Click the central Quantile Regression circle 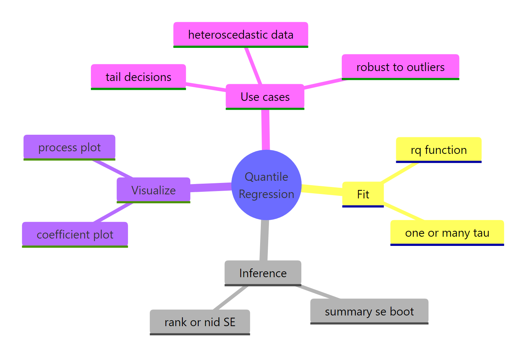pyautogui.click(x=266, y=185)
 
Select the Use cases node pyautogui.click(x=265, y=97)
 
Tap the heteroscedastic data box pyautogui.click(x=241, y=35)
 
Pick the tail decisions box pyautogui.click(x=138, y=77)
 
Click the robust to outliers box pyautogui.click(x=400, y=67)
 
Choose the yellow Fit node pyautogui.click(x=363, y=194)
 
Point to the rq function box pyautogui.click(x=439, y=150)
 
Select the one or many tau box pyautogui.click(x=447, y=233)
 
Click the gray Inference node pyautogui.click(x=263, y=273)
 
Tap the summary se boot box pyautogui.click(x=369, y=311)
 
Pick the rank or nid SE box pyautogui.click(x=200, y=322)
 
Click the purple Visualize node pyautogui.click(x=153, y=190)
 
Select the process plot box pyautogui.click(x=69, y=147)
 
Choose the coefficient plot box pyautogui.click(x=75, y=234)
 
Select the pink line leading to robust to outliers pyautogui.click(x=324, y=84)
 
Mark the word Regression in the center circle pyautogui.click(x=266, y=194)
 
